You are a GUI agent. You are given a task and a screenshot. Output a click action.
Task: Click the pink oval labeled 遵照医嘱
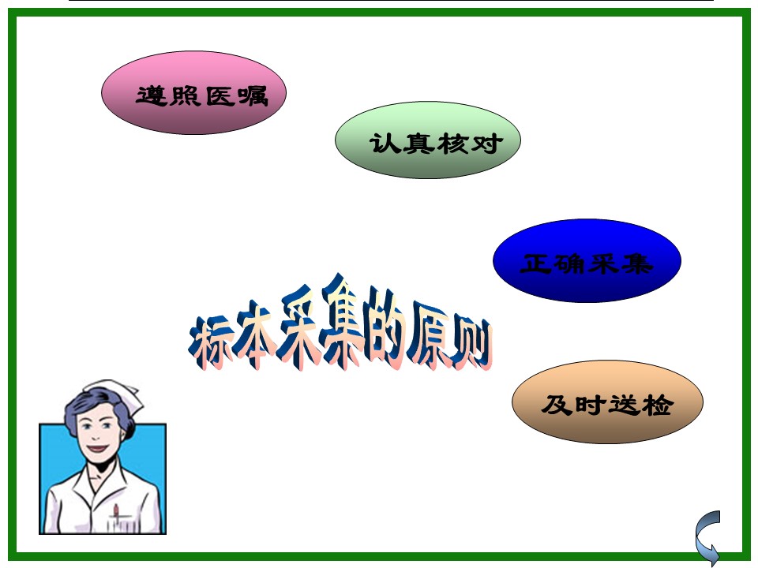[193, 93]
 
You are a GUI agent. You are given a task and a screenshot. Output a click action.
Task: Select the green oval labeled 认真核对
[428, 140]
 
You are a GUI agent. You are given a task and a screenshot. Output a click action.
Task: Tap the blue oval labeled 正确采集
[587, 261]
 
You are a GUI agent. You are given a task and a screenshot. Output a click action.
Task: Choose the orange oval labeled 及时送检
[607, 402]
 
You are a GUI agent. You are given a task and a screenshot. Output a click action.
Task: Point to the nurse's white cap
[116, 394]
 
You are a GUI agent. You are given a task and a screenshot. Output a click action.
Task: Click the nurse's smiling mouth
[98, 449]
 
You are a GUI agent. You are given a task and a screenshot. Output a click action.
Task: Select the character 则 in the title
[471, 341]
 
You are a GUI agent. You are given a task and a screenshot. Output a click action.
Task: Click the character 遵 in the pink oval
[152, 95]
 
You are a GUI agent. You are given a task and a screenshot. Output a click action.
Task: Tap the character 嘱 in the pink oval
[253, 95]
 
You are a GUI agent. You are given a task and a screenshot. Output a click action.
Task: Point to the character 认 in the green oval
[385, 144]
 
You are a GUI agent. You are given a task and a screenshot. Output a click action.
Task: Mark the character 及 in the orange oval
[557, 405]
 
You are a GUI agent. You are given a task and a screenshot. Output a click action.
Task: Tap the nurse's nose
[96, 435]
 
